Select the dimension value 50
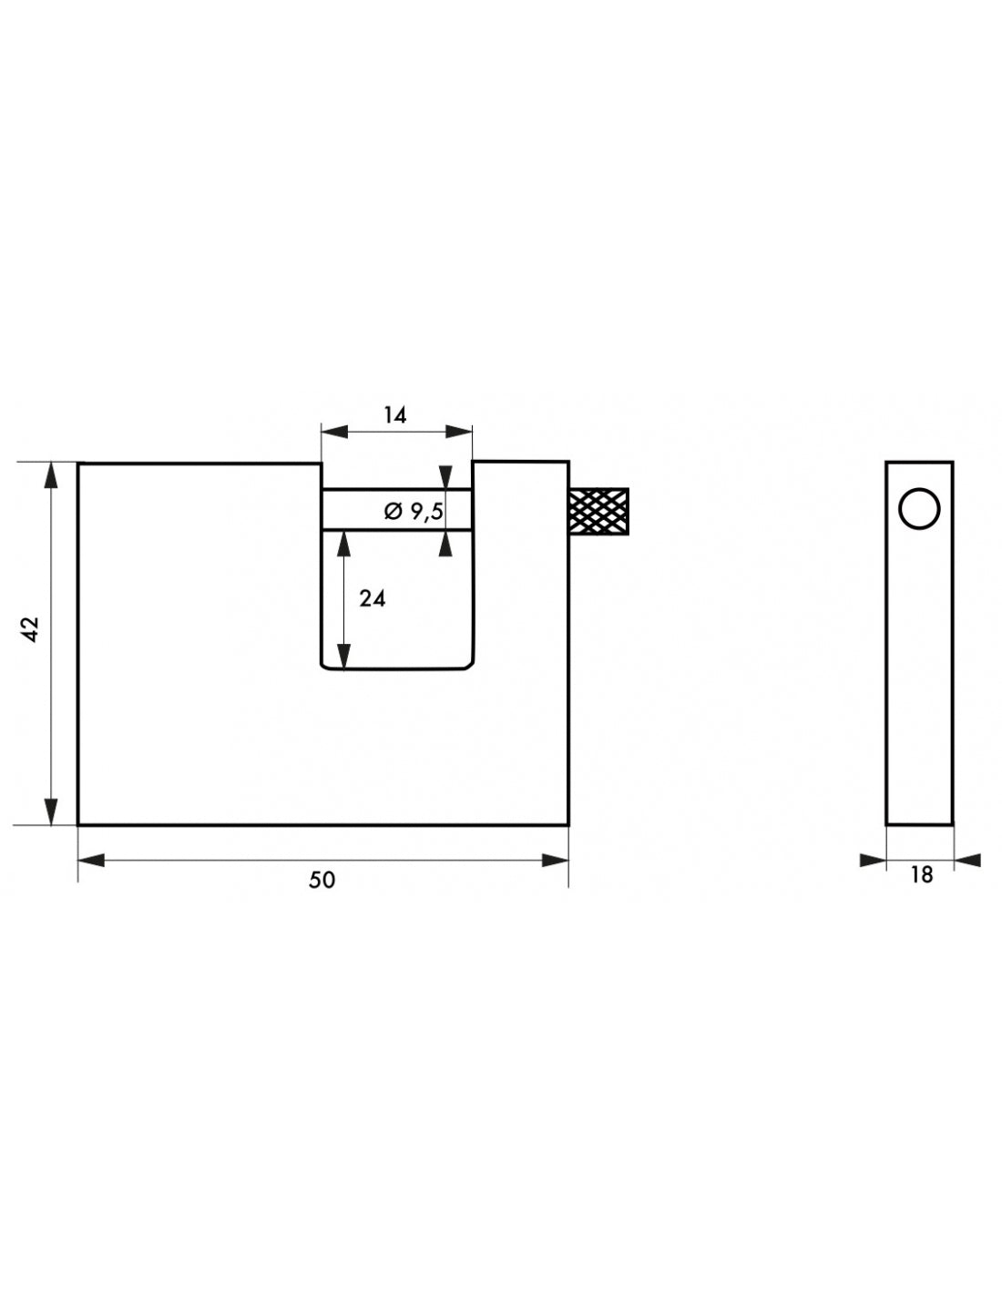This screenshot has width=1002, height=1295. (x=322, y=881)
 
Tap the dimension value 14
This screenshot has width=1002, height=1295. (x=394, y=414)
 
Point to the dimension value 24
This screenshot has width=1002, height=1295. (x=373, y=599)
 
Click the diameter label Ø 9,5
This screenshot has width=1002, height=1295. (x=414, y=511)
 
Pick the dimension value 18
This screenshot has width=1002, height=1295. (x=922, y=875)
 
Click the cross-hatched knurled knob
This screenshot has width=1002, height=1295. (x=598, y=511)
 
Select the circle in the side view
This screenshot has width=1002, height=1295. (x=919, y=508)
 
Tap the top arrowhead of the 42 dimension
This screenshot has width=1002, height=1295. (x=51, y=475)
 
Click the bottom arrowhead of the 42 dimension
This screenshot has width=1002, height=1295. (x=51, y=812)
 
